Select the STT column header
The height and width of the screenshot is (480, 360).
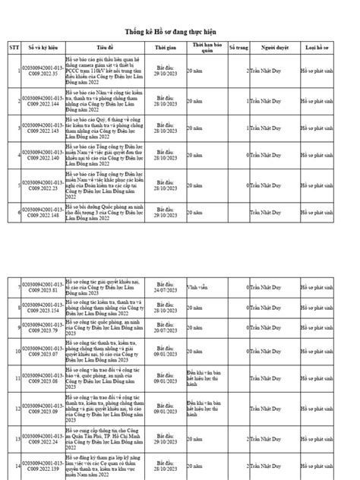14,46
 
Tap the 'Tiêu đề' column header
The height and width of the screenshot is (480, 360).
105,46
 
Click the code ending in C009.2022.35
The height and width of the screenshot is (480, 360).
43,70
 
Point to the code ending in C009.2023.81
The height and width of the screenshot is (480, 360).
43,288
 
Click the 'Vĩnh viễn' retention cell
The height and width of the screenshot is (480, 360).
198,288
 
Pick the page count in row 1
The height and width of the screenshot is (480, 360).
248,70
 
